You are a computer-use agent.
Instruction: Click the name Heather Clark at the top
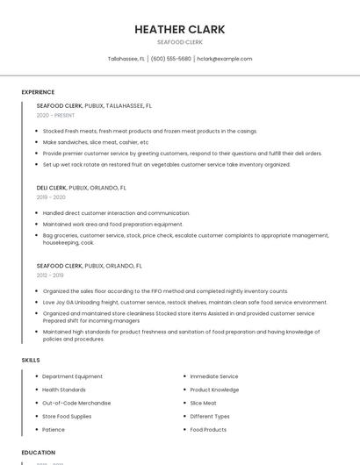click(179, 29)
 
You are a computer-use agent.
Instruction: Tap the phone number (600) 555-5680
click(170, 59)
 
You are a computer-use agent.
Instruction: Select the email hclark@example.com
click(224, 59)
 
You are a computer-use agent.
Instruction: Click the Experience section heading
click(38, 92)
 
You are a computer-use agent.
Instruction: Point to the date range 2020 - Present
click(56, 115)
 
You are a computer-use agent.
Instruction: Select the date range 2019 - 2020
click(51, 197)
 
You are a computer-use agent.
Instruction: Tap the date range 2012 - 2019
click(50, 275)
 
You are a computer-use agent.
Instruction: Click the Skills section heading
click(31, 360)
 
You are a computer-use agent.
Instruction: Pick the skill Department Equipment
click(72, 376)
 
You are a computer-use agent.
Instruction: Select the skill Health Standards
click(64, 390)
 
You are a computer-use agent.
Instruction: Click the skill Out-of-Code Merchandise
click(76, 403)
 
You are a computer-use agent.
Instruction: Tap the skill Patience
click(54, 430)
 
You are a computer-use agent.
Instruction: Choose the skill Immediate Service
click(213, 376)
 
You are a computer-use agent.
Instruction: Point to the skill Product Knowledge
click(214, 390)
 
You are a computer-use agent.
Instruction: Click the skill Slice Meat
click(203, 403)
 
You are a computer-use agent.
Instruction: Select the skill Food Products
click(208, 430)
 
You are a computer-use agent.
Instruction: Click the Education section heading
click(38, 453)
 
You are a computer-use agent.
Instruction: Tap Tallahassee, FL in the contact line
click(126, 59)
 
